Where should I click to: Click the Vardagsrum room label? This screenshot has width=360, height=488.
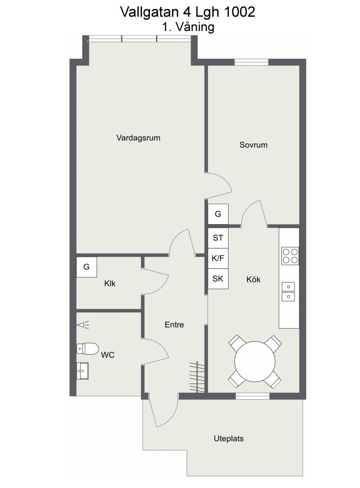(138, 138)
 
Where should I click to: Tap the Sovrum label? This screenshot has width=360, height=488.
(254, 145)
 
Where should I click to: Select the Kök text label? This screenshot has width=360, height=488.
(254, 279)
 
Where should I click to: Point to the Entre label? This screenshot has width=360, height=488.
(174, 325)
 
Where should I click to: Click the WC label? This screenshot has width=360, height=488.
(107, 355)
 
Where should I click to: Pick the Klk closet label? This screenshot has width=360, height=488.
(110, 283)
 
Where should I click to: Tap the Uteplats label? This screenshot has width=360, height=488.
(229, 438)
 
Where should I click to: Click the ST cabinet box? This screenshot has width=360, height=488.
(218, 238)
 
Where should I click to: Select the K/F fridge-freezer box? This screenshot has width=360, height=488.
(218, 258)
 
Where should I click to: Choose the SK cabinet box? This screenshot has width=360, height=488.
(218, 278)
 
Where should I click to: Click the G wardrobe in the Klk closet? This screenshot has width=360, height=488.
(87, 267)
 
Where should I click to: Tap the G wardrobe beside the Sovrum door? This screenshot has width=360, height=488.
(218, 214)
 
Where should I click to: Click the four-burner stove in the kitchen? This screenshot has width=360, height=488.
(290, 256)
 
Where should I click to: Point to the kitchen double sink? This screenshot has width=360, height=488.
(289, 292)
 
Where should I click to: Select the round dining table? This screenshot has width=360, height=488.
(255, 362)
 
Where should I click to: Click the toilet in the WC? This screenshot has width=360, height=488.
(87, 348)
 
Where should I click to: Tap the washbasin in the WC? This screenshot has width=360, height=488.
(83, 371)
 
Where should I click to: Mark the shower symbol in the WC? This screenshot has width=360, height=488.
(83, 325)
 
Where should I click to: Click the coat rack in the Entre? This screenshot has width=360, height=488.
(197, 377)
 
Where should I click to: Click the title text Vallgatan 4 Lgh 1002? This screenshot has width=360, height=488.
(188, 12)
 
